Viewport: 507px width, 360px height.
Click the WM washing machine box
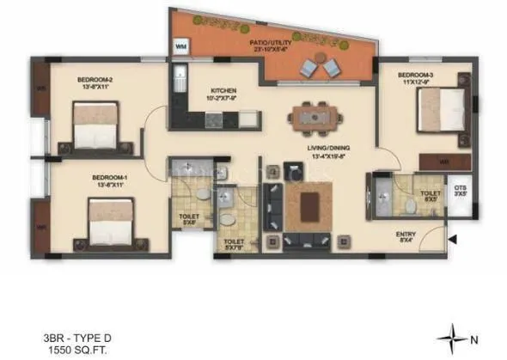pos(181,46)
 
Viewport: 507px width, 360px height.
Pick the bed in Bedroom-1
pos(110,220)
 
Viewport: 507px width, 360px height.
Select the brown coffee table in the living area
pos(307,207)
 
